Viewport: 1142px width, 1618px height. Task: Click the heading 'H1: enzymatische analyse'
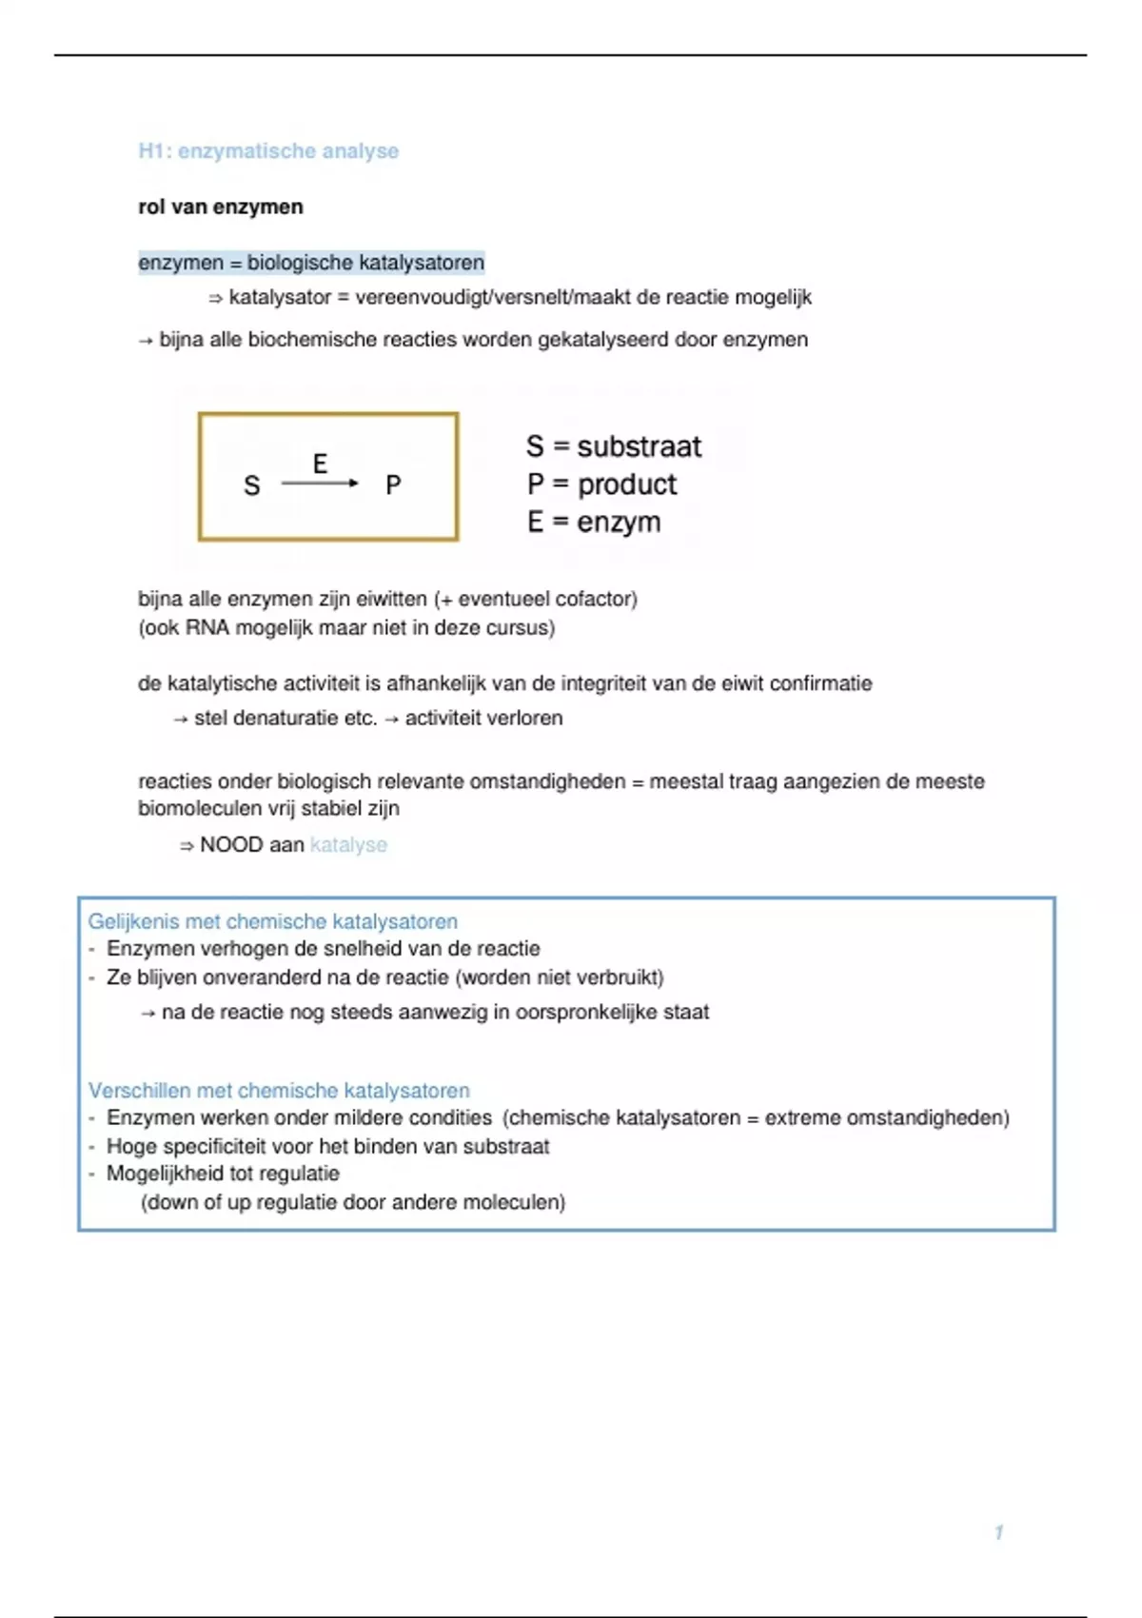click(x=268, y=151)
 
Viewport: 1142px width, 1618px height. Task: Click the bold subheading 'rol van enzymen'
click(x=221, y=207)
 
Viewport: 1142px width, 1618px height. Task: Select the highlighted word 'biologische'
click(x=300, y=263)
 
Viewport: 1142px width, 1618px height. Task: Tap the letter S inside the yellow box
click(x=252, y=486)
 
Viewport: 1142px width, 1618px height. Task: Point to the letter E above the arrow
click(x=320, y=464)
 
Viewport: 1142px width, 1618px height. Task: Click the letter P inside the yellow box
click(x=393, y=485)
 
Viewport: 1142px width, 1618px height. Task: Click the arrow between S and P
click(x=320, y=483)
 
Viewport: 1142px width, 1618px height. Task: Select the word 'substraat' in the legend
click(x=639, y=446)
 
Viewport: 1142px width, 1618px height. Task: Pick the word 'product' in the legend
click(x=627, y=484)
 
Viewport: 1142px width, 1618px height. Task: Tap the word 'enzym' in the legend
click(x=619, y=523)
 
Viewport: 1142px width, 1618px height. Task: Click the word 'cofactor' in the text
click(x=595, y=600)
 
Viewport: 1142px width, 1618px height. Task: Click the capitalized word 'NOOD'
click(x=226, y=845)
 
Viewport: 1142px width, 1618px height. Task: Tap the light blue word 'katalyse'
click(x=348, y=845)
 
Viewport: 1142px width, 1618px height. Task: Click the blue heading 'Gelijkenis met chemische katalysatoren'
click(x=273, y=921)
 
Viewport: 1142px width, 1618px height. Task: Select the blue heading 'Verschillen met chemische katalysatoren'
click(x=279, y=1091)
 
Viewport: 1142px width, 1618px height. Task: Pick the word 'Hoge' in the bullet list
click(x=128, y=1147)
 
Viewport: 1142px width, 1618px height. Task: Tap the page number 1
click(x=998, y=1532)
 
